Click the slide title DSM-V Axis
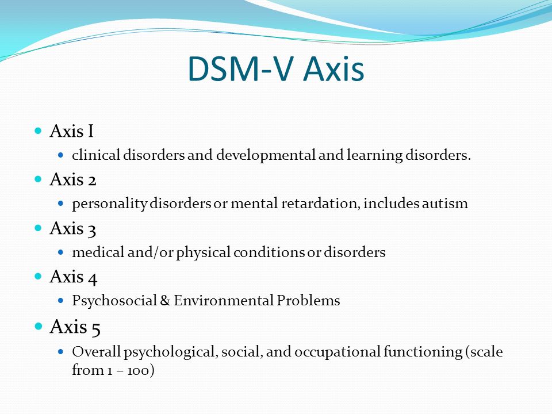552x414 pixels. tap(276, 68)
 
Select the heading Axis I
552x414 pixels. tap(72, 131)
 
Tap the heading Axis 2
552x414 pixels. tap(73, 179)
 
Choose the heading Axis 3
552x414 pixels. tap(73, 229)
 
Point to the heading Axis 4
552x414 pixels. tap(73, 277)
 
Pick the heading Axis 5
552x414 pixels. tap(75, 327)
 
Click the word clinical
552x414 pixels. tap(96, 155)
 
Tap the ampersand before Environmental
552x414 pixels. tap(165, 301)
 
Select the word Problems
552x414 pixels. tap(308, 301)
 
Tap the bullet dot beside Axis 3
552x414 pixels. tap(39, 228)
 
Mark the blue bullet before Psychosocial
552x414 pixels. tap(60, 301)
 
